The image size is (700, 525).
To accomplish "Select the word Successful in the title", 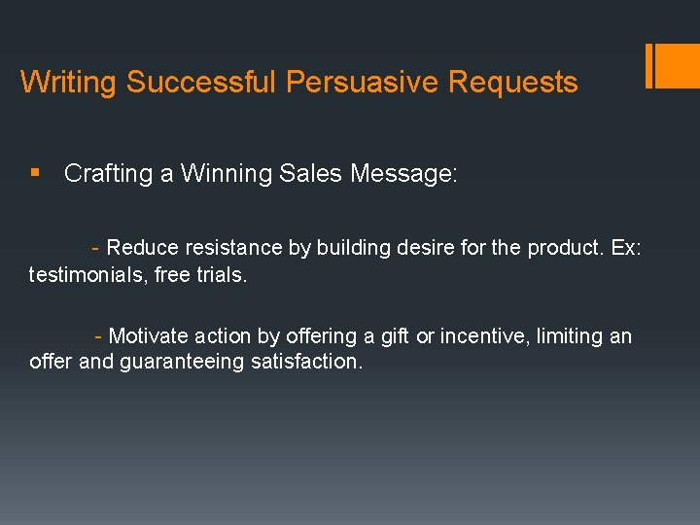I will (x=201, y=83).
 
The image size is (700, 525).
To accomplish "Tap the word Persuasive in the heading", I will (x=363, y=83).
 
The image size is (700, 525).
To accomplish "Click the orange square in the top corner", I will (x=679, y=66).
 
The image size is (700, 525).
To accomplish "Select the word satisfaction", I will (x=314, y=363).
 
